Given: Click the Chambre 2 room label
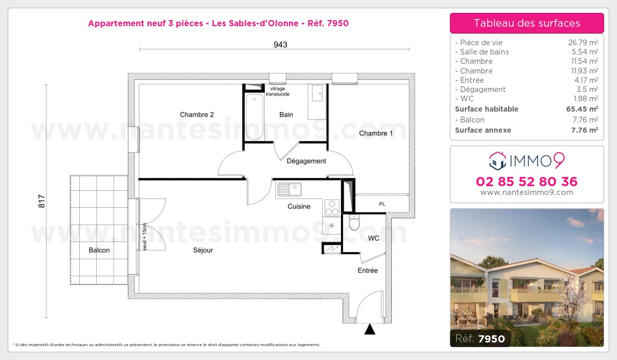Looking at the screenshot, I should pyautogui.click(x=196, y=115).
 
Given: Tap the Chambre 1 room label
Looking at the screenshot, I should pyautogui.click(x=376, y=133).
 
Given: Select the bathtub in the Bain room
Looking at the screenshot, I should pyautogui.click(x=254, y=117).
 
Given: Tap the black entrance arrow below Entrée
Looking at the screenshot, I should pyautogui.click(x=370, y=329).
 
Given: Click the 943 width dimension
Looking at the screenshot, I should pyautogui.click(x=280, y=45).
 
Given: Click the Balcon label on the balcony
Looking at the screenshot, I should pyautogui.click(x=99, y=250).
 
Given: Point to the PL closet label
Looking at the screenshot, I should pyautogui.click(x=382, y=204).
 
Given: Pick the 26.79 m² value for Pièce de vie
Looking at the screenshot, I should pyautogui.click(x=582, y=43).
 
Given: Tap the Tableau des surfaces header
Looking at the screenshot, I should pyautogui.click(x=527, y=23).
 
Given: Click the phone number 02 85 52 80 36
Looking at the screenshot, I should pyautogui.click(x=527, y=182).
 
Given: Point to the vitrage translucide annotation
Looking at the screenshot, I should pyautogui.click(x=278, y=92).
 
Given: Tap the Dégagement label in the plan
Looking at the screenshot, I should pyautogui.click(x=306, y=161).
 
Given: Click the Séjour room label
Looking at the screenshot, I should pyautogui.click(x=203, y=250).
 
